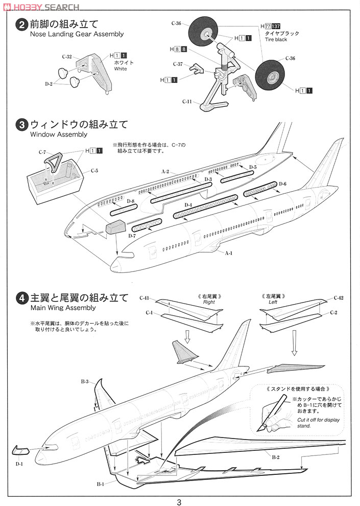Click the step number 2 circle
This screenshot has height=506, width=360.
pyautogui.click(x=21, y=25)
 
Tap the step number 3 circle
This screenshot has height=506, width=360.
pyautogui.click(x=21, y=125)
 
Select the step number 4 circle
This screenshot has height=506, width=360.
pyautogui.click(x=21, y=298)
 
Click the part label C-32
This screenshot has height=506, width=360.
pyautogui.click(x=66, y=56)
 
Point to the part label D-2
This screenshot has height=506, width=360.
pyautogui.click(x=49, y=83)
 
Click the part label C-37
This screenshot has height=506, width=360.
pyautogui.click(x=178, y=64)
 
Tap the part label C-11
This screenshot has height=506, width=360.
pyautogui.click(x=186, y=102)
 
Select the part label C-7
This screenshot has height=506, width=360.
pyautogui.click(x=42, y=152)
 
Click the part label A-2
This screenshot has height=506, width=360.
pyautogui.click(x=165, y=172)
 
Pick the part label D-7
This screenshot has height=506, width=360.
pyautogui.click(x=132, y=236)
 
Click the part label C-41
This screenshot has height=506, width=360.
pyautogui.click(x=145, y=298)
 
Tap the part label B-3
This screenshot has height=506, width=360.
pyautogui.click(x=85, y=382)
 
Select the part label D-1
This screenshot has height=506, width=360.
pyautogui.click(x=19, y=464)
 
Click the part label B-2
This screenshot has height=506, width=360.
pyautogui.click(x=275, y=456)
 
